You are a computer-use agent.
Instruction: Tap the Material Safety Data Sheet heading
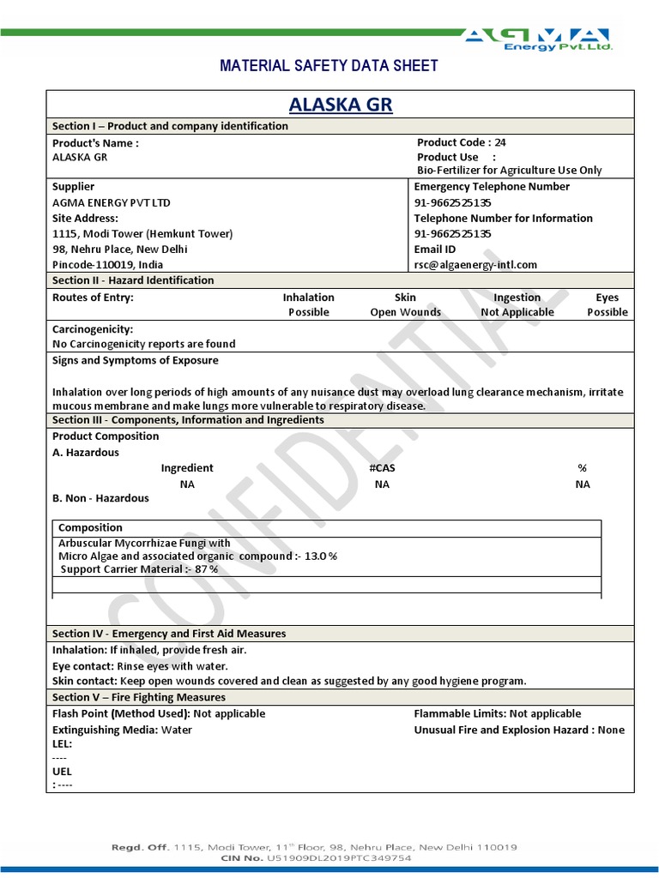pos(329,66)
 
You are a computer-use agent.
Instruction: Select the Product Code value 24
pos(500,142)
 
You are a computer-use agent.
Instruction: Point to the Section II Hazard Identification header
pos(133,280)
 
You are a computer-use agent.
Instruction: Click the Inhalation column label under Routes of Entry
pos(308,298)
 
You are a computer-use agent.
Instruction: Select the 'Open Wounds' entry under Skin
pos(405,312)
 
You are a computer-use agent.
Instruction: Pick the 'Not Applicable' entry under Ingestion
pos(517,312)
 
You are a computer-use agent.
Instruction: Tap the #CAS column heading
pos(382,468)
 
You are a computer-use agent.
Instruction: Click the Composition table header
pos(90,527)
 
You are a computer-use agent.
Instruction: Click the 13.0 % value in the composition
pos(320,556)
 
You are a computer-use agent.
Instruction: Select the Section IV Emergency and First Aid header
pos(169,634)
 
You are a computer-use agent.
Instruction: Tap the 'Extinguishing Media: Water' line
pos(122,730)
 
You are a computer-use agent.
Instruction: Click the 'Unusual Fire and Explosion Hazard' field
pos(519,730)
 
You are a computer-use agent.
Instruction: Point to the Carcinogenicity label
pos(93,329)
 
